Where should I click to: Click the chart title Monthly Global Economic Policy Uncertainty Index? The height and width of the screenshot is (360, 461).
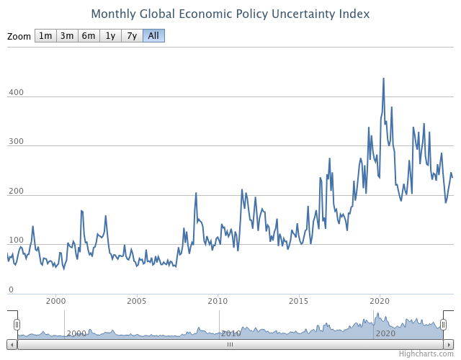[x=230, y=14]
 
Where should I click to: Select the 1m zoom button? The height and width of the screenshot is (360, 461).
[x=45, y=36]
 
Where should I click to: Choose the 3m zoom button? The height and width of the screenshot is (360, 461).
[x=67, y=36]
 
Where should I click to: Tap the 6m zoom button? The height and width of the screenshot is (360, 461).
[x=89, y=36]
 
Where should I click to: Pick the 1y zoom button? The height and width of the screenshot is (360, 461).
[x=110, y=36]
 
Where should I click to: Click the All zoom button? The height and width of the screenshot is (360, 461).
[x=153, y=36]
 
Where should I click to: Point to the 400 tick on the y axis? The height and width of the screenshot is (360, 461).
[x=16, y=93]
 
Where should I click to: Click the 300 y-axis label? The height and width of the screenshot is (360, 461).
[x=16, y=143]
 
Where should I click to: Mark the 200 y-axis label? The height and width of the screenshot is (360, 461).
[x=16, y=192]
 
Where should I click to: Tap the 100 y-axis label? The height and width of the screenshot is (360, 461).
[x=16, y=240]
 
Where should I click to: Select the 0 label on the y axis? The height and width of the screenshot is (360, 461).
[x=11, y=289]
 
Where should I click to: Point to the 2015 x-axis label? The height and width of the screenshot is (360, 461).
[x=299, y=301]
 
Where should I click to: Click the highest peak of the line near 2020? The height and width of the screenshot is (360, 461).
[x=383, y=78]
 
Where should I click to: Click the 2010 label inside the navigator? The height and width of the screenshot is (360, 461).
[x=230, y=333]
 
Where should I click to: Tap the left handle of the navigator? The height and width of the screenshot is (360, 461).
[x=17, y=325]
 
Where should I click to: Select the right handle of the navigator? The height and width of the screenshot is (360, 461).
[x=444, y=325]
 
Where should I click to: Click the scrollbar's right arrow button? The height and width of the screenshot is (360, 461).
[x=449, y=344]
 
